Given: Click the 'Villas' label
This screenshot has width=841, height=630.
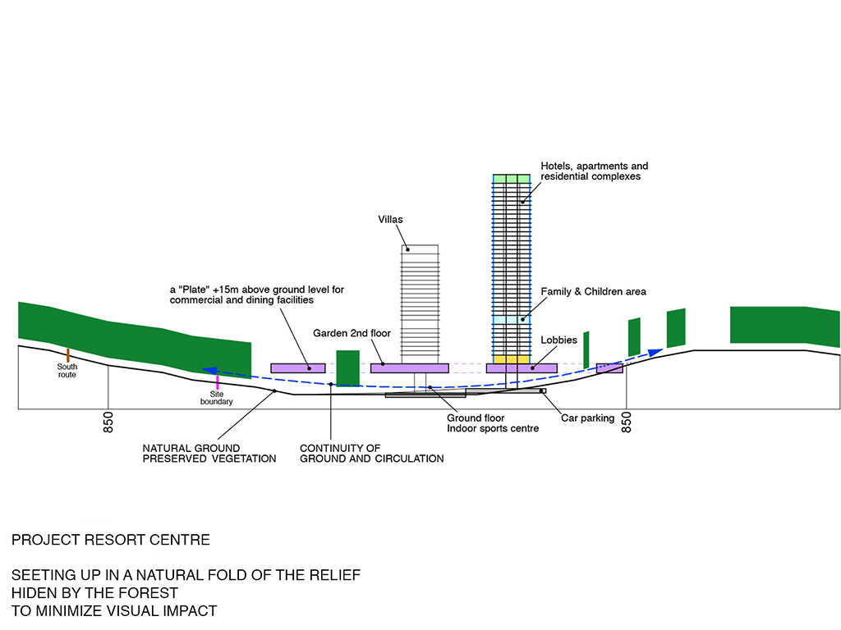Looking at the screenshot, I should tap(391, 220).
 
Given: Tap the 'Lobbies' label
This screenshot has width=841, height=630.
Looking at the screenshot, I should tap(558, 340).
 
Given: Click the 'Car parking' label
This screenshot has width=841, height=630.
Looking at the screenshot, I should tap(587, 418).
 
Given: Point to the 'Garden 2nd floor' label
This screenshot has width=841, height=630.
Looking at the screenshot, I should tap(352, 334).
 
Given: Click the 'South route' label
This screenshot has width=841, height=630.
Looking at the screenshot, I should tap(67, 370).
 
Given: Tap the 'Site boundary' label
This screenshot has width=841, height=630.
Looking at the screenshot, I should tap(217, 397).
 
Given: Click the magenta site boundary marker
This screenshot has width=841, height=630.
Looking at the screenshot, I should tap(218, 381).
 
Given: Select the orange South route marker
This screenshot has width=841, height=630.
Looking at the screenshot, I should tap(67, 354).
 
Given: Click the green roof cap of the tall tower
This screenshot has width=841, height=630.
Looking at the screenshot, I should tap(511, 178).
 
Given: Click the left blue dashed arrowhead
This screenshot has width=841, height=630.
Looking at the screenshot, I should tap(209, 371).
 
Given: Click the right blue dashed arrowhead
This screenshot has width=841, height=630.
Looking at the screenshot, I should tap(655, 352).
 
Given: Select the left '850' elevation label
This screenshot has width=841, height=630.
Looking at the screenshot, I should tap(108, 422).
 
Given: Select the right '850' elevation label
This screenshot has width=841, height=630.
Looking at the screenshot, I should tap(627, 422).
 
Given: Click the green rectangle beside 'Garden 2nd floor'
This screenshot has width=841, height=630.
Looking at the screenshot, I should tap(347, 367).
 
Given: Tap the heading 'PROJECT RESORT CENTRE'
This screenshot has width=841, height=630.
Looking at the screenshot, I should tap(111, 540).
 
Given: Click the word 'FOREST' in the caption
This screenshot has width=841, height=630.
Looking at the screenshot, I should tap(149, 592).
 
